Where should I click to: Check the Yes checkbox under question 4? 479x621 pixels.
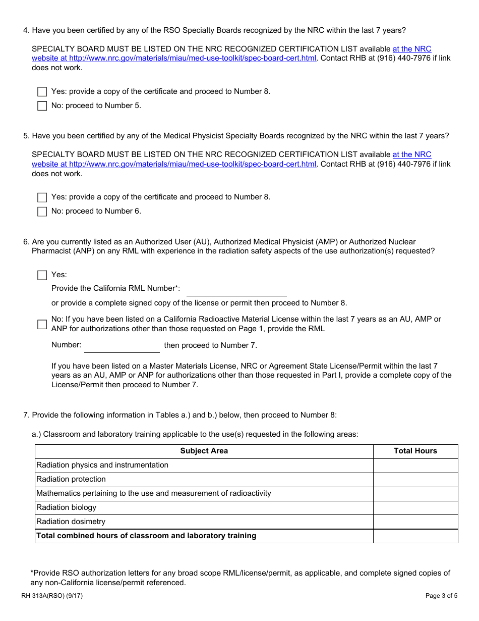coord(42,92)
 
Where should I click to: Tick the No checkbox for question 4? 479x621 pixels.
coord(42,106)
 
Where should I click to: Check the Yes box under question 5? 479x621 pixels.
coord(42,197)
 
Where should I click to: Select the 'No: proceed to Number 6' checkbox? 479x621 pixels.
coord(42,212)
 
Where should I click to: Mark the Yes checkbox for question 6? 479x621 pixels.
coord(42,275)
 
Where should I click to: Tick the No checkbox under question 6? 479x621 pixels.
coord(42,324)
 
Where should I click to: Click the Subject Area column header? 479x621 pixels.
coord(204,451)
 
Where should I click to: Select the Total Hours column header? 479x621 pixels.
coord(415,451)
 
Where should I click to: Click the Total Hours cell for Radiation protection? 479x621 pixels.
coord(415,479)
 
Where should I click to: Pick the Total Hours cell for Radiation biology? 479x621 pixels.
coord(415,507)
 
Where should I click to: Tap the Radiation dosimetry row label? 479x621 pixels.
coord(71,522)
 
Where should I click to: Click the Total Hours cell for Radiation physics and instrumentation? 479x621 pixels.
coord(415,465)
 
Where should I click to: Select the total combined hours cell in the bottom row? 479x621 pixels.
coord(415,536)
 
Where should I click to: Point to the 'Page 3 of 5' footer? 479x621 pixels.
coord(441,596)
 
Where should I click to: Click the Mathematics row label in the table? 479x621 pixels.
coord(153,493)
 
